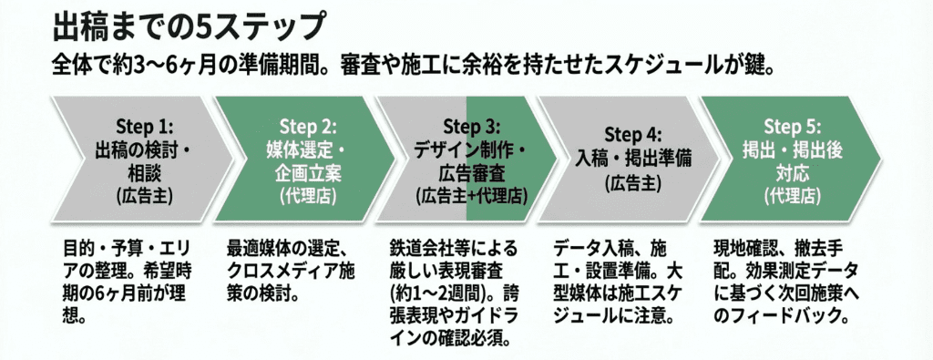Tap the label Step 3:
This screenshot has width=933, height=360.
[x=471, y=125]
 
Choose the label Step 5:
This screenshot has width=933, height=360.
[x=793, y=126]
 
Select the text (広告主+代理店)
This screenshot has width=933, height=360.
[x=471, y=195]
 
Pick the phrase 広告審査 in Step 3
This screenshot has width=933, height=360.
[x=471, y=172]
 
